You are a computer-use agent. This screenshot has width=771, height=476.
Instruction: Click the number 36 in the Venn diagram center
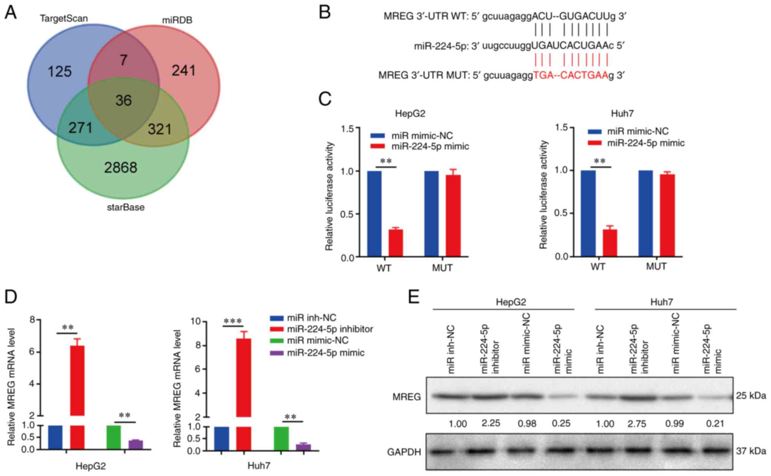123,101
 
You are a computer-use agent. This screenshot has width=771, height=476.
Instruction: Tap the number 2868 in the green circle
121,167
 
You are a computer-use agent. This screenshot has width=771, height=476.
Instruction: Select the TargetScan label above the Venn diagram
64,18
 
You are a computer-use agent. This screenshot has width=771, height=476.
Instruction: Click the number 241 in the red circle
184,71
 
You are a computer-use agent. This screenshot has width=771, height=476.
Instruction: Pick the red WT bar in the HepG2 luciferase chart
395,243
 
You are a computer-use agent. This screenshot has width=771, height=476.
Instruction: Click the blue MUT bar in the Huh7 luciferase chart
646,213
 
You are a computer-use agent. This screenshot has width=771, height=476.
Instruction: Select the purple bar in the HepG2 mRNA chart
135,444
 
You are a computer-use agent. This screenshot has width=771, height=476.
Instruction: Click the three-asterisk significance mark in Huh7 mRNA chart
233,322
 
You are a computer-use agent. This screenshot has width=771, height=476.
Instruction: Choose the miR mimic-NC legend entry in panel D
317,340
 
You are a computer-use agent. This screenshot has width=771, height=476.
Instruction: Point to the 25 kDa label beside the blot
751,396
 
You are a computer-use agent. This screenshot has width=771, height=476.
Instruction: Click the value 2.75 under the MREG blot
637,423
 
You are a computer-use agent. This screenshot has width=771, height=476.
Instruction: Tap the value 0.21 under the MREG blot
715,423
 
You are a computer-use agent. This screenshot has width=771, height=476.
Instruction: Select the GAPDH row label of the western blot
404,452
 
